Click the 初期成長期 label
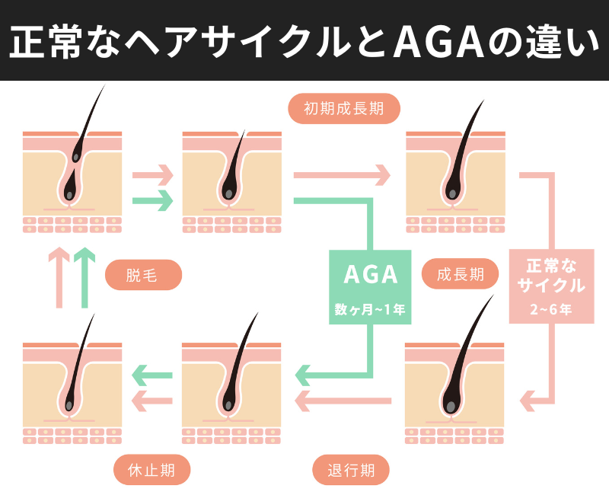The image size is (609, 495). point(343,109)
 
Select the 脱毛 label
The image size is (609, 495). point(143,275)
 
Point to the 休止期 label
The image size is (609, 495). point(151,470)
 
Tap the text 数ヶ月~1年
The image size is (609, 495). point(369,309)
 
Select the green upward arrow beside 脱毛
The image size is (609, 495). point(86,277)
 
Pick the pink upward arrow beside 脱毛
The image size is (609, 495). point(59,277)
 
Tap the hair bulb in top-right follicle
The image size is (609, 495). point(453,193)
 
